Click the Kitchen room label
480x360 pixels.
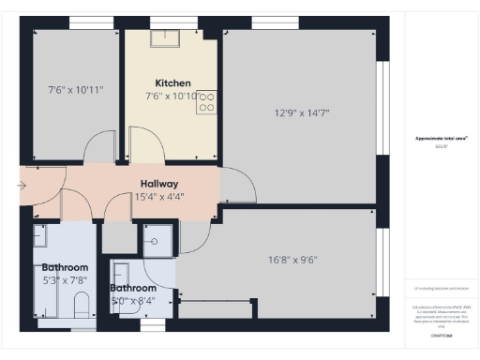pos(172,82)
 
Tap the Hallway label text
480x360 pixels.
pos(160,184)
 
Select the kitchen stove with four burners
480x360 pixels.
pos(206,103)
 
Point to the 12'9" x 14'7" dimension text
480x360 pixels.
pos(301,112)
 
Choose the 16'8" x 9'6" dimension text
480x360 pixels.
pos(294,260)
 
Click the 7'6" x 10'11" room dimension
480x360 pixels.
pos(75,90)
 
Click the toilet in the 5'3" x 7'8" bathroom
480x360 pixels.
pos(81,306)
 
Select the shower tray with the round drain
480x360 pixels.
pos(156,240)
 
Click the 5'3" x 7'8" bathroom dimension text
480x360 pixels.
pos(64,279)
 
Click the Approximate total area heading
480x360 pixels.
pos(441,138)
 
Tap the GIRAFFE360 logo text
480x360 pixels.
pos(441,335)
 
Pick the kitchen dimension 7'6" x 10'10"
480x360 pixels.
pos(172,96)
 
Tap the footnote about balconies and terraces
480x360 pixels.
pos(441,289)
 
